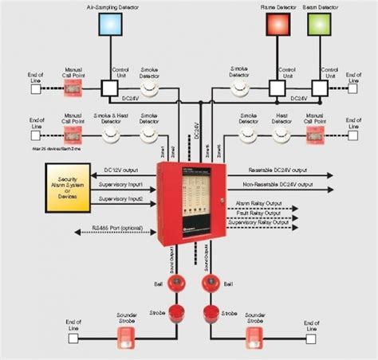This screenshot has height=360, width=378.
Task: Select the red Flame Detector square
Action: pyautogui.click(x=276, y=25)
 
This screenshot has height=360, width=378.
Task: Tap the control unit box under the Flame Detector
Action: pyautogui.click(x=276, y=87)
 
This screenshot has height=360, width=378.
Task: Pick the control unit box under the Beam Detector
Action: pyautogui.click(x=320, y=87)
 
